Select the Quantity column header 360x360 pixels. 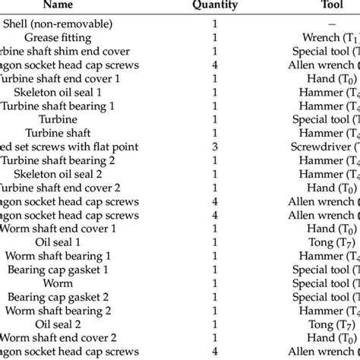click(x=215, y=5)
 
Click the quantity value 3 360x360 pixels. click(x=215, y=147)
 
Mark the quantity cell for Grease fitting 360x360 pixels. click(x=215, y=37)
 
